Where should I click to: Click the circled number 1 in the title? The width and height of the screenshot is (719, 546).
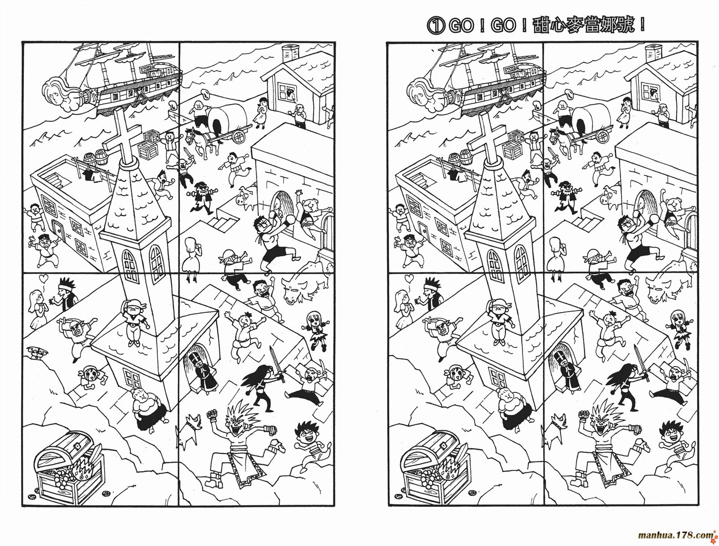click(x=435, y=26)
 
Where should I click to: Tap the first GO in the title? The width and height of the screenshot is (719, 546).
click(x=461, y=26)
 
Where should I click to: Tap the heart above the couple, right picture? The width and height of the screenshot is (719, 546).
click(x=409, y=279)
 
